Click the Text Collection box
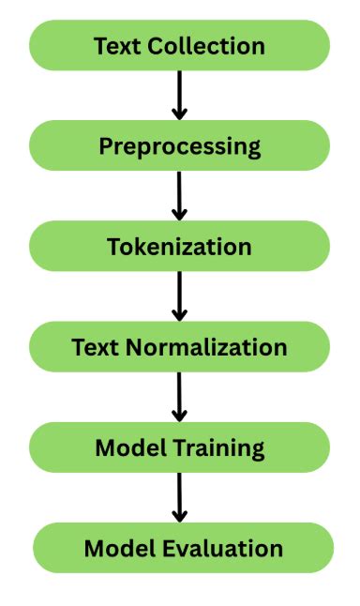pyautogui.click(x=179, y=45)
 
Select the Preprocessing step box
pyautogui.click(x=179, y=145)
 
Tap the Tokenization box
pyautogui.click(x=179, y=247)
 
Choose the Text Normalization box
pyautogui.click(x=179, y=347)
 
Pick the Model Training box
pyautogui.click(x=179, y=447)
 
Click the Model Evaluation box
pyautogui.click(x=183, y=548)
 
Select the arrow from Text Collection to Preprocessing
pyautogui.click(x=179, y=95)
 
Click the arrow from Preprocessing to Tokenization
pyautogui.click(x=179, y=195)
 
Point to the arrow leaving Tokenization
pyautogui.click(x=179, y=296)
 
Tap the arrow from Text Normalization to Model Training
pyautogui.click(x=179, y=397)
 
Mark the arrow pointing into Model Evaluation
pyautogui.click(x=179, y=497)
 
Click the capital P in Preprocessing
pyautogui.click(x=105, y=146)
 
